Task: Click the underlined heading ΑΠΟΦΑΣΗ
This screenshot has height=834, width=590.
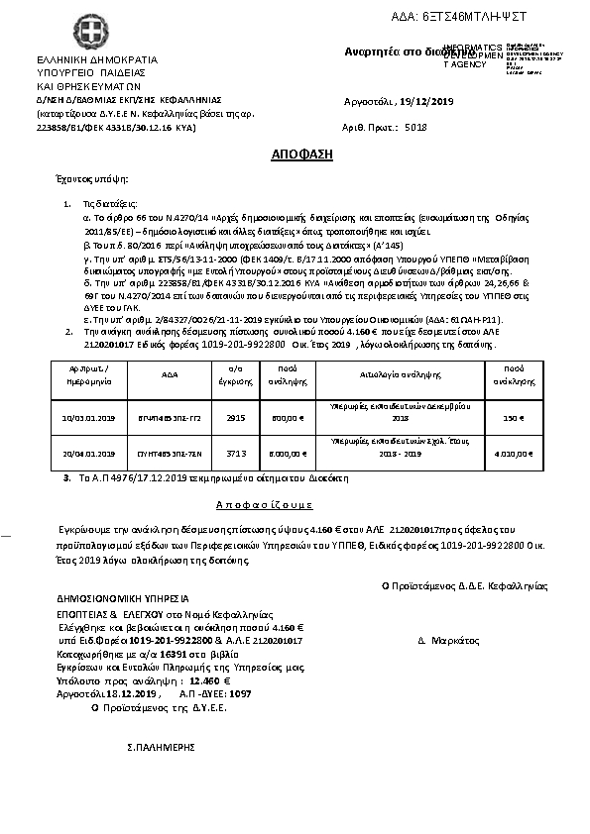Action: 302,156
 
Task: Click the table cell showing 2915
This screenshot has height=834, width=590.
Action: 236,418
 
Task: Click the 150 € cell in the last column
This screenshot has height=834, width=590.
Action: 514,418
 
